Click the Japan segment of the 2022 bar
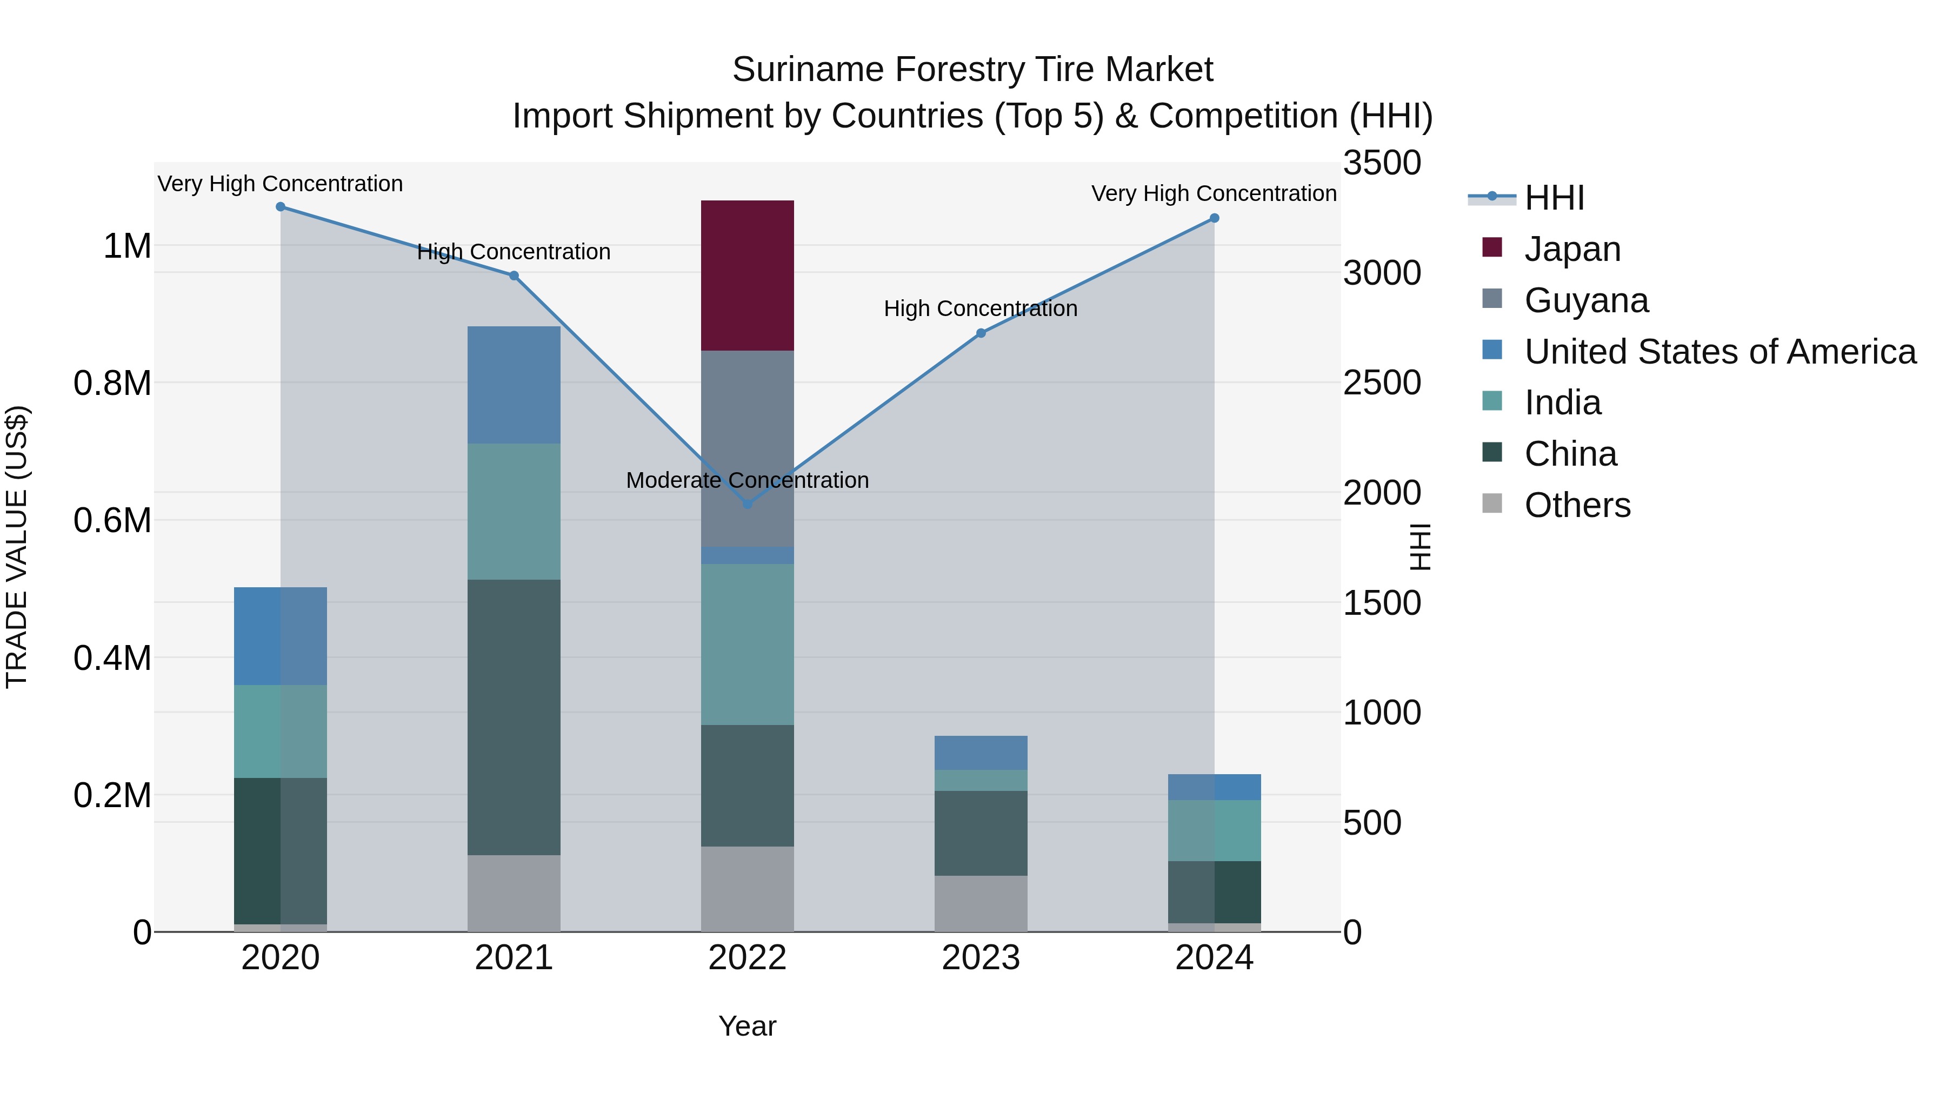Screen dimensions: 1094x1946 pos(747,275)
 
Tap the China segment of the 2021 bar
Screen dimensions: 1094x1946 pos(514,717)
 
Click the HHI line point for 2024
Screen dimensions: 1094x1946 pos(1214,218)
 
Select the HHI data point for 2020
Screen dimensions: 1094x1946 pos(280,207)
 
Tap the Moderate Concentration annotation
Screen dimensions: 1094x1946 pos(747,480)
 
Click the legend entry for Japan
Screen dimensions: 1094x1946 pos(1571,249)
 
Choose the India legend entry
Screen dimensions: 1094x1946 pos(1562,402)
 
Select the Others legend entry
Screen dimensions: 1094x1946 pos(1577,505)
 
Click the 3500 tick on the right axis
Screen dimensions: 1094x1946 pos(1382,163)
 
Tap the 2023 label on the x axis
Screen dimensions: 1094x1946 pos(981,958)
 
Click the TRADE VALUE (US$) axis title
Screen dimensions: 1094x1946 pos(17,547)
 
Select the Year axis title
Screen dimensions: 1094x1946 pos(747,1026)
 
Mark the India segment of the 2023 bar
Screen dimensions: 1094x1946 pos(981,780)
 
